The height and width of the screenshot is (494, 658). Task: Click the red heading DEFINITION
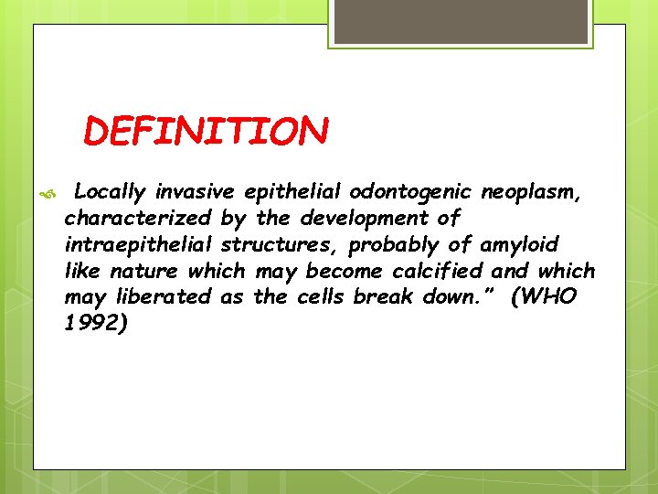tap(205, 132)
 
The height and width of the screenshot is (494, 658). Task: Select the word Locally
tap(110, 192)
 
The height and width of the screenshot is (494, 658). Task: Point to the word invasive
tap(195, 192)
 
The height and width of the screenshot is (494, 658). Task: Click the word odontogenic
tap(408, 192)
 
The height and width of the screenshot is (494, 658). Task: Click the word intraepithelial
tap(138, 245)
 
